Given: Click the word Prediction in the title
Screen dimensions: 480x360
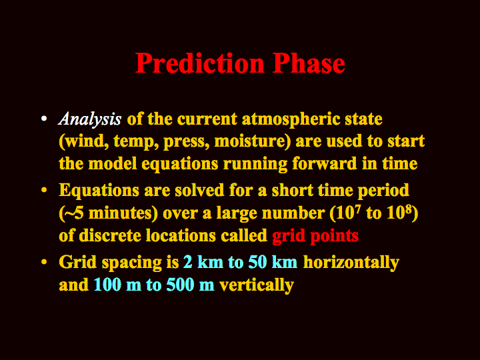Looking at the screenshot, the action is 200,63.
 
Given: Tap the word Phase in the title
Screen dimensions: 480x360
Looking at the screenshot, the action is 309,63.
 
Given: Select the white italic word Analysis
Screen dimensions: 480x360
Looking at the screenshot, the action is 90,119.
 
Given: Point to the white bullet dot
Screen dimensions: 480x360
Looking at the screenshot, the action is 44,118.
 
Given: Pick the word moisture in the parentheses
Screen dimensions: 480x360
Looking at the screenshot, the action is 251,141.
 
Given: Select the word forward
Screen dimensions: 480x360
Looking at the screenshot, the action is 325,163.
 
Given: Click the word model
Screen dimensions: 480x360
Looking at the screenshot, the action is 113,163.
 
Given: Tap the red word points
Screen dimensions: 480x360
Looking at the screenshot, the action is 334,236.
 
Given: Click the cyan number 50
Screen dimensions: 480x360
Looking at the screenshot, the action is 258,263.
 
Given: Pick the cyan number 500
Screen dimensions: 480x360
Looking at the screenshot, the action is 180,285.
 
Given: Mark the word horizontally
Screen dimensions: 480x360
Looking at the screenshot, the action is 351,263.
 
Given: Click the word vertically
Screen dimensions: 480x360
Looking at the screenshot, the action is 257,285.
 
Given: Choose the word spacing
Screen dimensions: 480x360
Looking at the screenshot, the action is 131,263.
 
